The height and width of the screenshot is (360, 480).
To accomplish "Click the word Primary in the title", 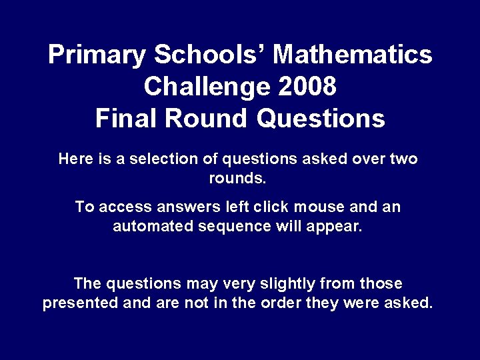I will click(x=92, y=55).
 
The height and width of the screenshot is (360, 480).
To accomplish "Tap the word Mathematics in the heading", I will click(x=353, y=55).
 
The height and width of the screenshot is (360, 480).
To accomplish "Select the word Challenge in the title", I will click(x=199, y=87).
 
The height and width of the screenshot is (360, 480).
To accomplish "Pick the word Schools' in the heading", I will click(x=204, y=55).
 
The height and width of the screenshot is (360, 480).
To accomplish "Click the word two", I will click(x=403, y=159).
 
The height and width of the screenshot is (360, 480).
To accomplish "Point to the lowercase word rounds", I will click(x=238, y=179).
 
